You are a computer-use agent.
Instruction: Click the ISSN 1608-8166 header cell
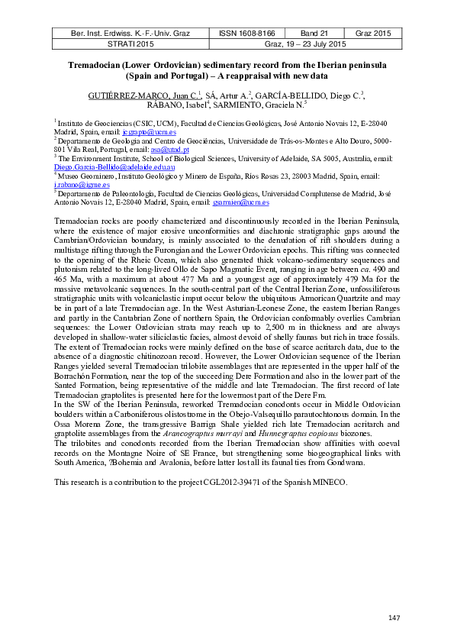point(248,34)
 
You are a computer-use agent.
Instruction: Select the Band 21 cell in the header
point(313,34)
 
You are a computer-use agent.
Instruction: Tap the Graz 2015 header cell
point(373,34)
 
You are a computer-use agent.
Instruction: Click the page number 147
point(394,617)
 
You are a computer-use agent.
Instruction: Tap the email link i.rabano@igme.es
point(71,185)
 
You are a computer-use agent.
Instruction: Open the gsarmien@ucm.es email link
point(240,202)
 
